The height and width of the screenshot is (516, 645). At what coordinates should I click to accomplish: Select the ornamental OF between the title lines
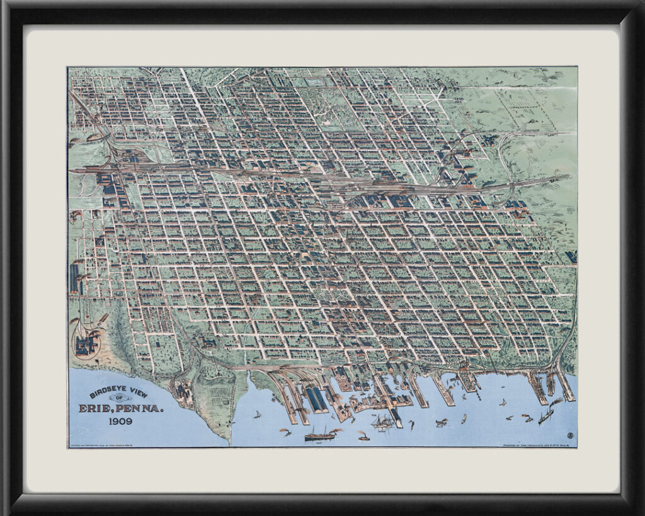pos(117,398)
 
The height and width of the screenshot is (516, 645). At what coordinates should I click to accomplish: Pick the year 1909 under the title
pos(120,421)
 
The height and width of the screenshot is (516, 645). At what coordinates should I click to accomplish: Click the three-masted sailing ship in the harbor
pos(382,422)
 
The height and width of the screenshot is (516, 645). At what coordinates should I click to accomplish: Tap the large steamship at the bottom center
pos(320,434)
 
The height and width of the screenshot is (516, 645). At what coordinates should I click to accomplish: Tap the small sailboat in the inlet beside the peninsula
pos(258,414)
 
